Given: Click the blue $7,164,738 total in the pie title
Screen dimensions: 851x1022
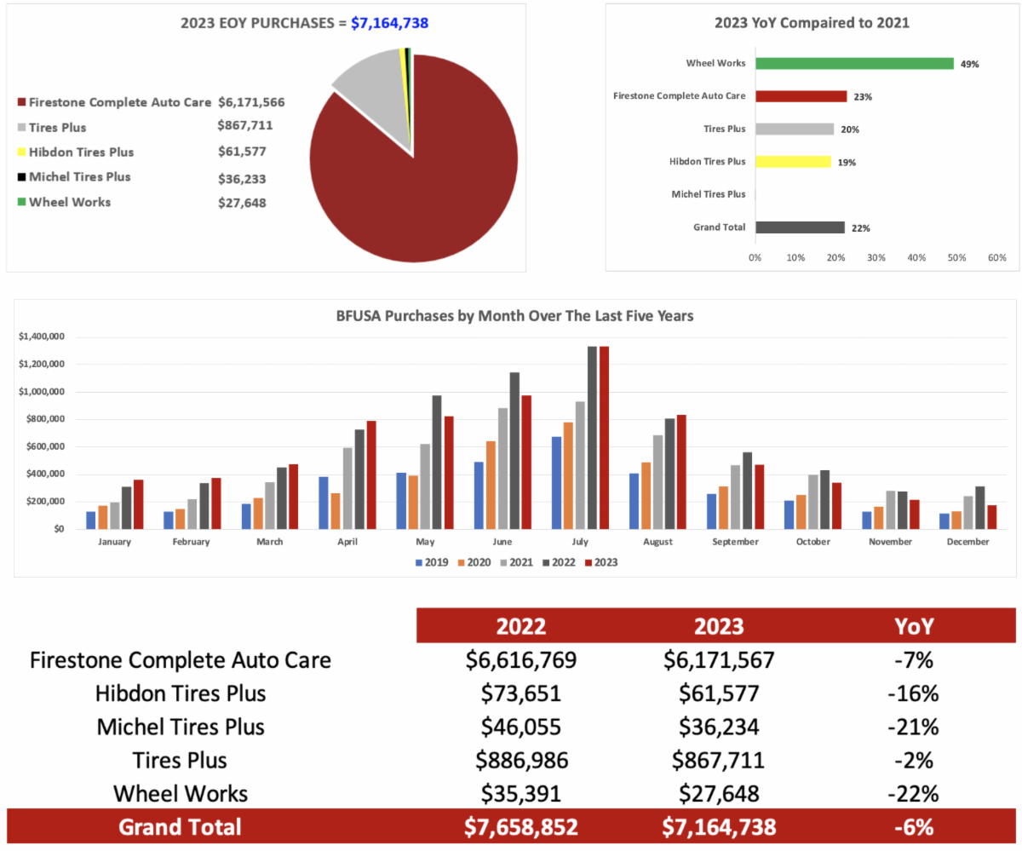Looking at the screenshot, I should pyautogui.click(x=389, y=23).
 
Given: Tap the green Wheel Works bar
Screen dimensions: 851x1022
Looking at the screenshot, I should pyautogui.click(x=854, y=63).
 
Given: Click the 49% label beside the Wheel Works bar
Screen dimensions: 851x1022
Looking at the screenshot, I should pyautogui.click(x=968, y=64).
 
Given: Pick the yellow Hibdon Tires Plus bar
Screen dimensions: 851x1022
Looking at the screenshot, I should pyautogui.click(x=793, y=162).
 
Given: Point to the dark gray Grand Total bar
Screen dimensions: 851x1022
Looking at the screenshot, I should pyautogui.click(x=800, y=227).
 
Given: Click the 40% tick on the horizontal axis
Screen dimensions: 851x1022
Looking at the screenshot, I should pyautogui.click(x=916, y=256).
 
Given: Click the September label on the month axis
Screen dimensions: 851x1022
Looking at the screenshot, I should pyautogui.click(x=735, y=542).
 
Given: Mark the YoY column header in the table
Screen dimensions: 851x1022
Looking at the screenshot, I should pyautogui.click(x=915, y=627).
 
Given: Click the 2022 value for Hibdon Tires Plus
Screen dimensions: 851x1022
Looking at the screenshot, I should pyautogui.click(x=521, y=693).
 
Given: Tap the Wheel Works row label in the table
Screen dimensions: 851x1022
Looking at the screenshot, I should pyautogui.click(x=181, y=794).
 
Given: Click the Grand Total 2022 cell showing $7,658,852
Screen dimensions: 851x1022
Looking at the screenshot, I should pyautogui.click(x=521, y=827).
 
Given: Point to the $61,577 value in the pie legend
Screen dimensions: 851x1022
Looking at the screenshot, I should pyautogui.click(x=242, y=152).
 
